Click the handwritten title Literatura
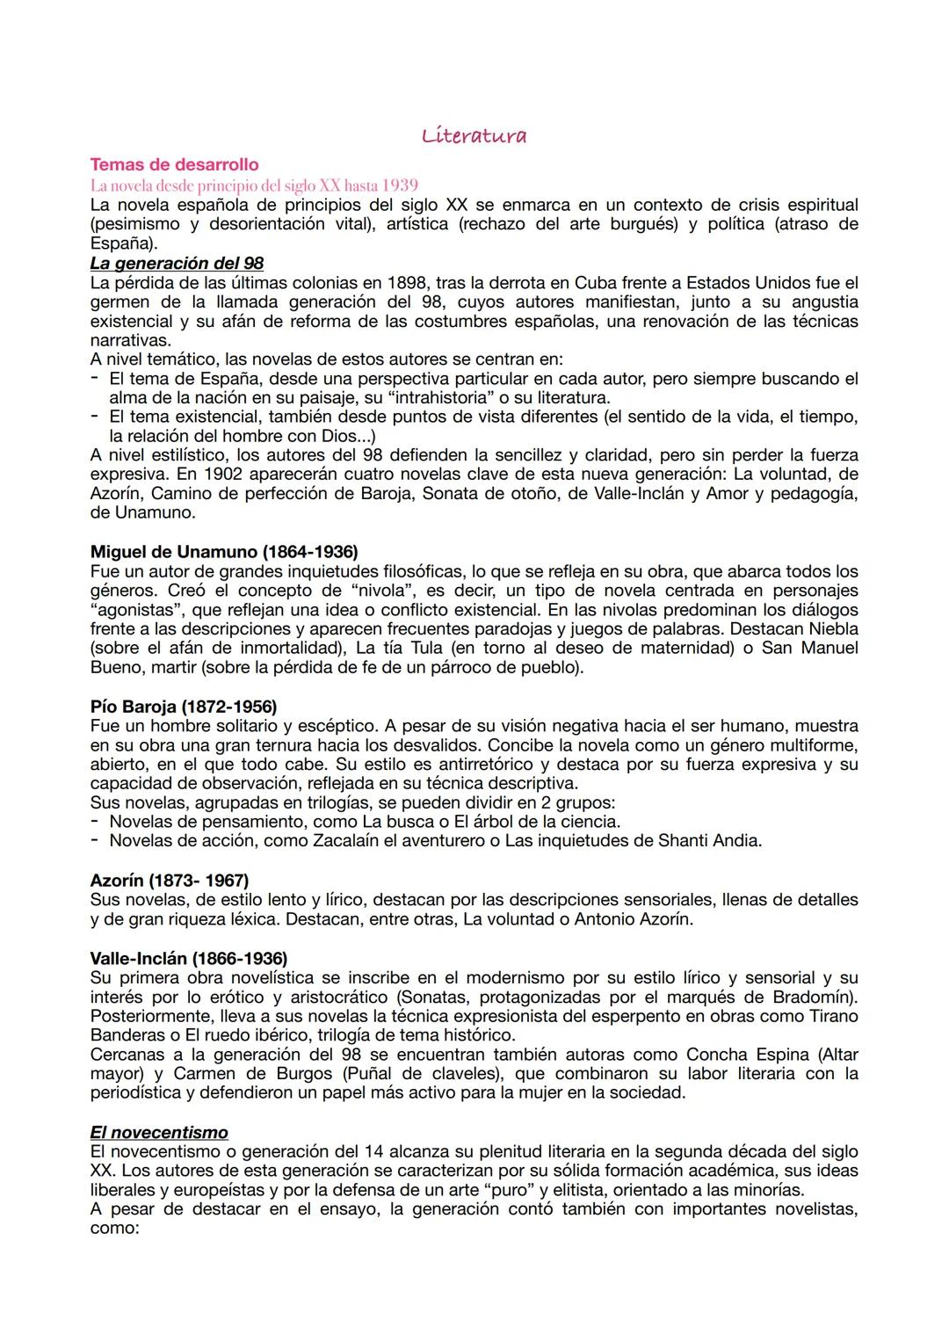(x=474, y=135)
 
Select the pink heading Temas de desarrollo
(x=174, y=164)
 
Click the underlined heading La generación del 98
(x=177, y=263)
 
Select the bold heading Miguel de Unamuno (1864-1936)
(x=224, y=552)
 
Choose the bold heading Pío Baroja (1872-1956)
(x=184, y=707)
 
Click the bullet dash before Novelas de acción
(x=94, y=840)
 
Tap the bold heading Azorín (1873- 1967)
(x=170, y=880)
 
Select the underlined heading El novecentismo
(x=159, y=1132)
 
